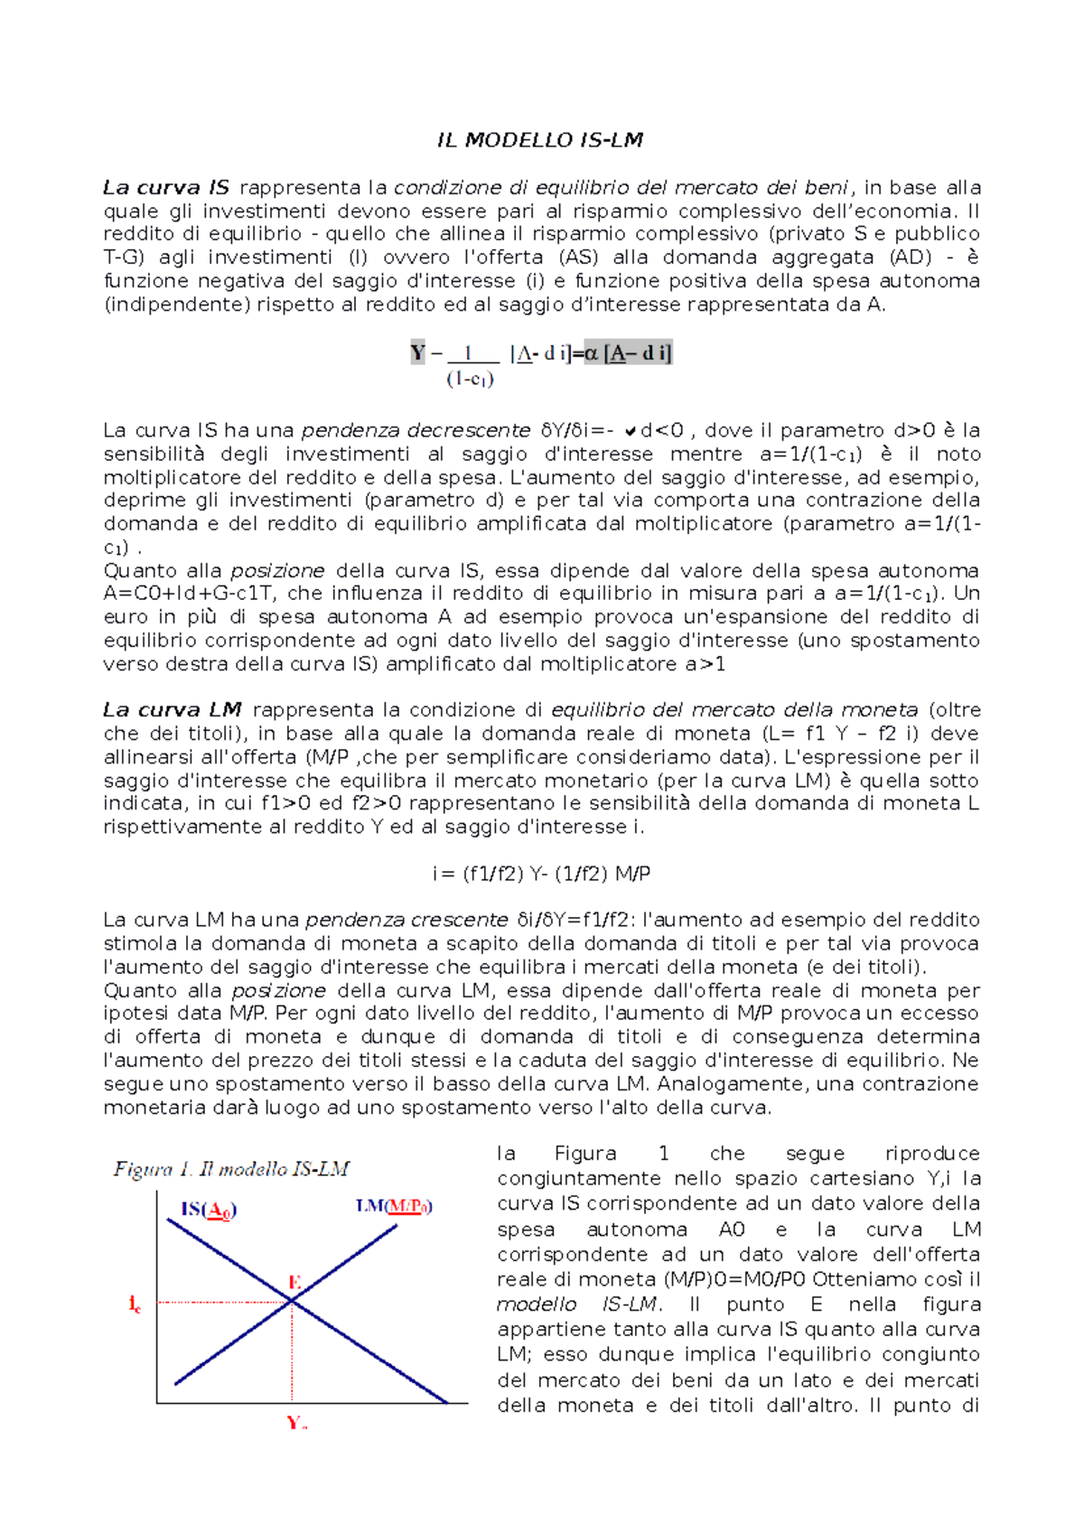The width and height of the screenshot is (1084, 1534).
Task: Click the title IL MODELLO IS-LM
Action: point(540,140)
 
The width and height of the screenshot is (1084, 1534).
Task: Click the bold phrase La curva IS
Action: point(166,188)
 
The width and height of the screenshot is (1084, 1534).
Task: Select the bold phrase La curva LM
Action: point(172,710)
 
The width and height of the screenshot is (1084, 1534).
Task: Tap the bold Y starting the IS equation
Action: point(417,353)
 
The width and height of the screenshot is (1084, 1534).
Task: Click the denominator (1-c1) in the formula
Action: point(470,379)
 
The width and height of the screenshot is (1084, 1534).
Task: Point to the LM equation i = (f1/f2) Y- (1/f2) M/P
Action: point(541,874)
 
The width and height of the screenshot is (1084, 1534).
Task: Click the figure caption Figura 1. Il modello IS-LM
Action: point(231,1169)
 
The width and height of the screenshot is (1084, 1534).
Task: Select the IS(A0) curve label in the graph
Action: point(209,1210)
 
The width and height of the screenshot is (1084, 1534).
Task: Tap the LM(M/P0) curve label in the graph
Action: point(393,1206)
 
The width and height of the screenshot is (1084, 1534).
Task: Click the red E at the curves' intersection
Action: point(294,1282)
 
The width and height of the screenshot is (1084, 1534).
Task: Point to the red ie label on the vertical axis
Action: point(135,1304)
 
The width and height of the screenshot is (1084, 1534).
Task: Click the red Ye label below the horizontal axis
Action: point(296,1423)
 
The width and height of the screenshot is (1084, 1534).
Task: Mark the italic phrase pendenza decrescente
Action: point(416,431)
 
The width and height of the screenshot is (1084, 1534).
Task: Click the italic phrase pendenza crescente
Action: point(406,921)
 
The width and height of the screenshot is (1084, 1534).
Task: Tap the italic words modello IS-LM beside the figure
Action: point(578,1305)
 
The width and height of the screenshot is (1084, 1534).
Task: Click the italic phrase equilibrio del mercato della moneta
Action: point(734,710)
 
